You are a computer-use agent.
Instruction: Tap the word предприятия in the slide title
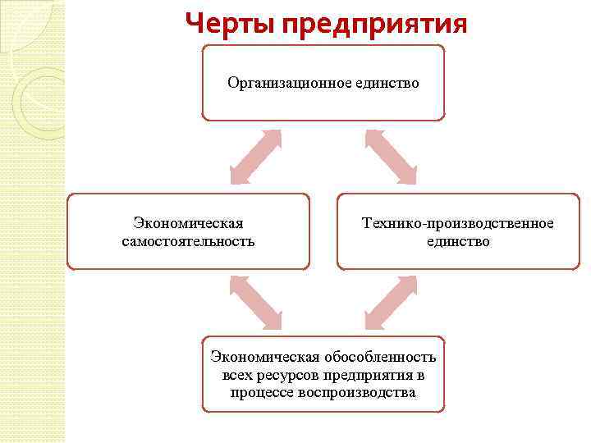[374, 24]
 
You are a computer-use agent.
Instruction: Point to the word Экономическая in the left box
[188, 223]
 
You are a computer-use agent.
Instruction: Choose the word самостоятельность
[188, 241]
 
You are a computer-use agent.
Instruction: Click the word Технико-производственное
[458, 223]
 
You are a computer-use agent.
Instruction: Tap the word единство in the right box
[458, 241]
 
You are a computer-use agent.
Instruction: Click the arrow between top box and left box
[255, 157]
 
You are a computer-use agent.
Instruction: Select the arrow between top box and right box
[391, 157]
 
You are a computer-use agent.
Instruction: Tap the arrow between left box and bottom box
[255, 303]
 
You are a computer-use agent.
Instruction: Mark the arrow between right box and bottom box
[391, 303]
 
